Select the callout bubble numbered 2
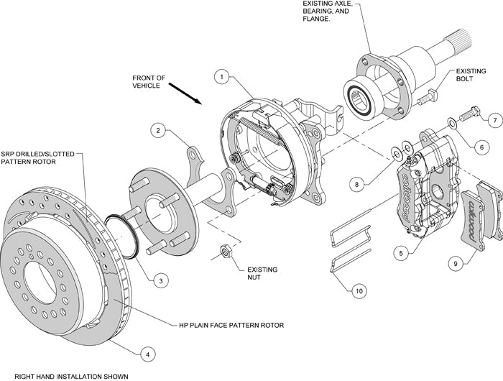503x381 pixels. point(158,130)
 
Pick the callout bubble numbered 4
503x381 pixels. point(147,353)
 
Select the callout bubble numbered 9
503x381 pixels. point(456,264)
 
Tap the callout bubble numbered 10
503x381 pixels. point(358,291)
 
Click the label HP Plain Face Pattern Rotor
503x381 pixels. point(231,325)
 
